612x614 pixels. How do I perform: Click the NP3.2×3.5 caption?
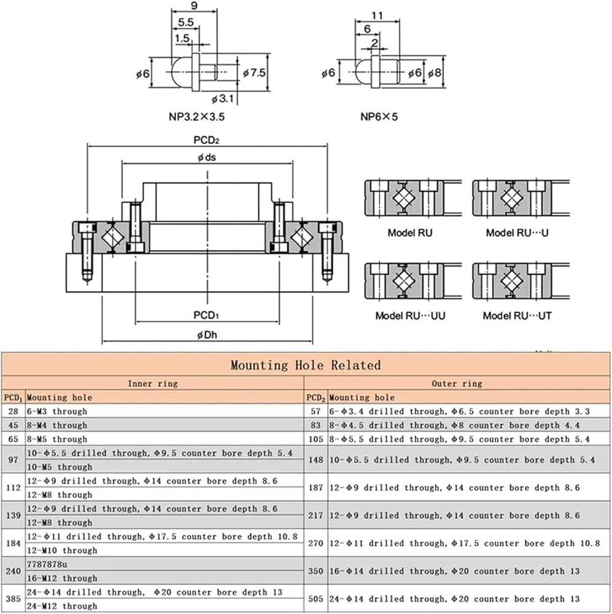196,117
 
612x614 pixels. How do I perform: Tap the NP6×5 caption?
379,117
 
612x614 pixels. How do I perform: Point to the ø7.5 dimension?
254,73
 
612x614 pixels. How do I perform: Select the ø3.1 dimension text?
222,99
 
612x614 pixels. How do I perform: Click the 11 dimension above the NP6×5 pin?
377,16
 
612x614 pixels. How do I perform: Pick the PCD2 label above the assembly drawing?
206,140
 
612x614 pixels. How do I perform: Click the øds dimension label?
207,157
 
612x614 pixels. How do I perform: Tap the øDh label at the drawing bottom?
207,335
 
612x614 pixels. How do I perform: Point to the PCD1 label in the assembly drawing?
206,315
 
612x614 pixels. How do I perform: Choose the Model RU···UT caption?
517,316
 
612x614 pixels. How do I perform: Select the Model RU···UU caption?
410,316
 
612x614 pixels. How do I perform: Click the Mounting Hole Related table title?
306,365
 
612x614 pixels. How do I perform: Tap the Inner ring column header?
153,384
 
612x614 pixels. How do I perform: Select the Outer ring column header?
457,384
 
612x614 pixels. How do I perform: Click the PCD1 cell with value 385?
14,599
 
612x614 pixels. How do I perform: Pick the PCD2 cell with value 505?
316,599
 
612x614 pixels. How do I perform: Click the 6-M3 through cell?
56,411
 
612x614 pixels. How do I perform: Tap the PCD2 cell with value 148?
316,460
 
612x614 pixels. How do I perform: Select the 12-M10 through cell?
62,551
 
